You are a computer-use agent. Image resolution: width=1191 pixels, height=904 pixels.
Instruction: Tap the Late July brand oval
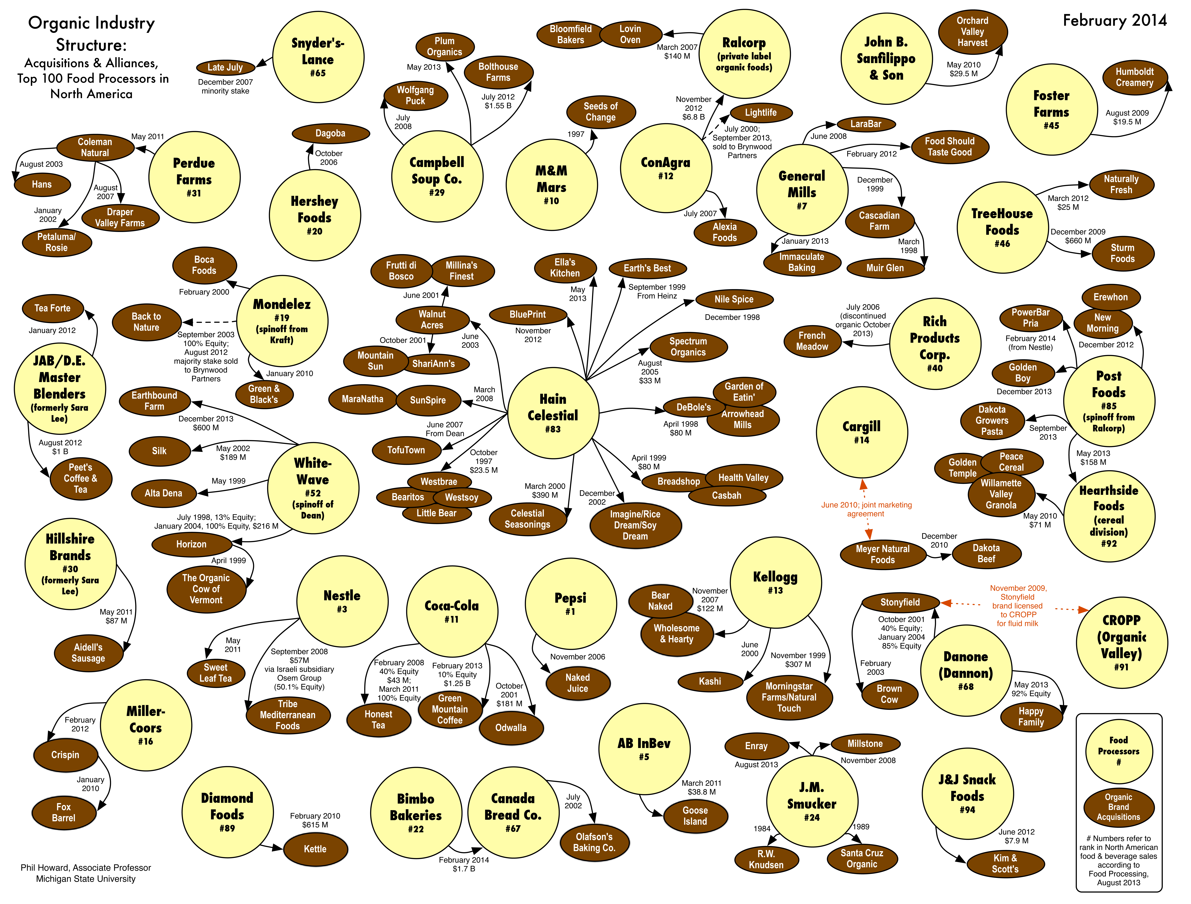pos(225,67)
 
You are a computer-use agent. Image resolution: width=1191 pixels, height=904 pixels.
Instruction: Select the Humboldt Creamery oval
pos(1134,77)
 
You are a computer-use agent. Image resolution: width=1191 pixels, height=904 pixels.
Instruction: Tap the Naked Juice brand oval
pos(578,683)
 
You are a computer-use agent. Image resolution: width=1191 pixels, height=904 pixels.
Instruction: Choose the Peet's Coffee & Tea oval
pos(81,478)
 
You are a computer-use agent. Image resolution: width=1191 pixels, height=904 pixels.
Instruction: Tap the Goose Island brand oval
pos(695,816)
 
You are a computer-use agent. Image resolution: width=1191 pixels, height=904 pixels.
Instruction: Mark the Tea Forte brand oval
pos(53,308)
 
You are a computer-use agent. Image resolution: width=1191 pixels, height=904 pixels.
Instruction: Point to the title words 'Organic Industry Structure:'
pos(92,33)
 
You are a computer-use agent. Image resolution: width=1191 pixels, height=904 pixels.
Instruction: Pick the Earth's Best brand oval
pos(647,268)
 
